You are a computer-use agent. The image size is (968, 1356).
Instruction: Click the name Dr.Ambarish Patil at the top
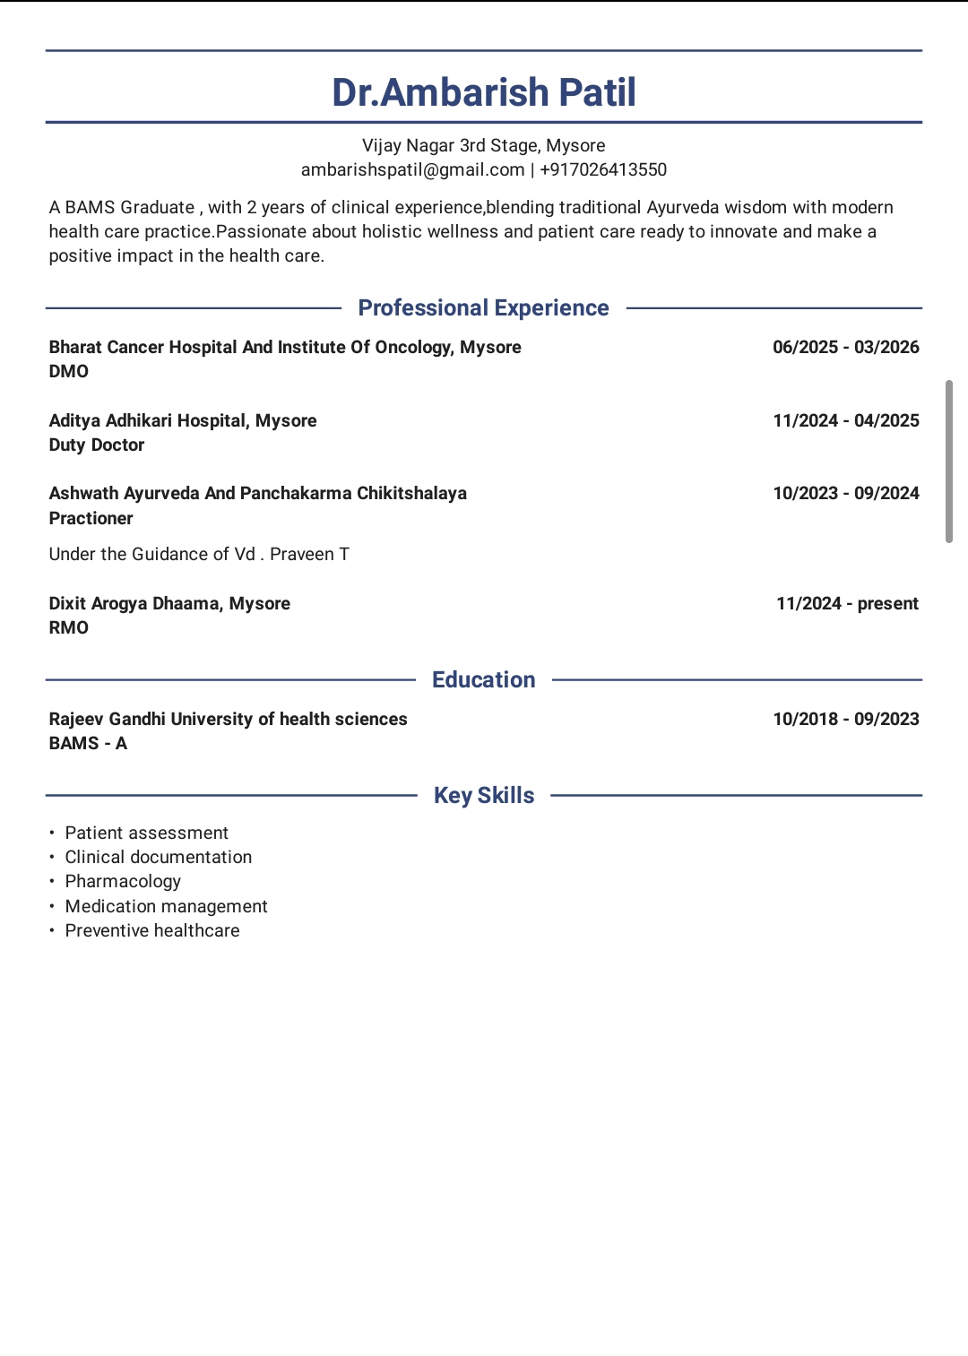tap(484, 92)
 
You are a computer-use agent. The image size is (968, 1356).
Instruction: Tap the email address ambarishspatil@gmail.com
tap(412, 169)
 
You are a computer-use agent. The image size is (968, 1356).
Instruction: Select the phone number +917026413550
tap(603, 169)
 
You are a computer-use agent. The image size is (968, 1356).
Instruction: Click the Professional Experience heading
tap(483, 307)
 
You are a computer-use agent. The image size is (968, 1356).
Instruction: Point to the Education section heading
tap(483, 679)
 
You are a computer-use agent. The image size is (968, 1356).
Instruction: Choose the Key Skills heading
tap(483, 795)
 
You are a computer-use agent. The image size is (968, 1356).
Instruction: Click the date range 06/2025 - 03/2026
tap(845, 347)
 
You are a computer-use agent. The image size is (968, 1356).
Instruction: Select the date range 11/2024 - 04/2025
tap(845, 420)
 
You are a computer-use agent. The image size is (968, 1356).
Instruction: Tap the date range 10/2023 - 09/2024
tap(845, 493)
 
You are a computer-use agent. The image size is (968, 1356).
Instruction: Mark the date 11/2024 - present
tap(847, 603)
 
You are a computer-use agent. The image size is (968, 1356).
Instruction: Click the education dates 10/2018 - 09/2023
tap(845, 719)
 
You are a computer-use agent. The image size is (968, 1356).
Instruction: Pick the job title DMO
tap(69, 371)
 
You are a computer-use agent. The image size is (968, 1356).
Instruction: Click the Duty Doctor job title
tap(97, 445)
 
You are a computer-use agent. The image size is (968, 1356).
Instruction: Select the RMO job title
tap(69, 627)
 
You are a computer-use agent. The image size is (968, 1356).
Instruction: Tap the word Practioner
tap(91, 518)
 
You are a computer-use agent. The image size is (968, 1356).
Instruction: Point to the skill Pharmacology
tap(123, 881)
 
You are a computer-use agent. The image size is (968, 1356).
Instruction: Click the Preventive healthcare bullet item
tap(152, 930)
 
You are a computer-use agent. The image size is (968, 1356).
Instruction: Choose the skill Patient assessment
tap(146, 833)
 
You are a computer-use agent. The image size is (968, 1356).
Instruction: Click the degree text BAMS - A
tap(88, 743)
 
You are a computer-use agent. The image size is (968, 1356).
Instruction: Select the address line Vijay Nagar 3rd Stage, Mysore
tap(483, 145)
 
